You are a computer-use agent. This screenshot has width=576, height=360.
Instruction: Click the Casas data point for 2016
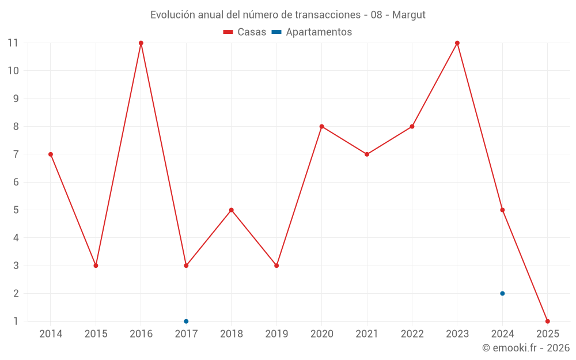pos(141,43)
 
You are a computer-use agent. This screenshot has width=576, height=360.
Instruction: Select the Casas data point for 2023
pos(457,43)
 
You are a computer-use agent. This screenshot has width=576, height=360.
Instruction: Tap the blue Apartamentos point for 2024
pos(502,293)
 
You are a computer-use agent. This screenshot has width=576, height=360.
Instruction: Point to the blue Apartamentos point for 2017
pos(186,321)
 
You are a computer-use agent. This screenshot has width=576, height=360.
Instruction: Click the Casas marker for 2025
pos(547,321)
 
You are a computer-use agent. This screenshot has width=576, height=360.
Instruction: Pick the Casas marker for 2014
pos(51,154)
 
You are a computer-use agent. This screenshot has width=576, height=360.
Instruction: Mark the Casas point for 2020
pos(321,126)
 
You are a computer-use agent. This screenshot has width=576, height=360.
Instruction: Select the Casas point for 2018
pos(232,210)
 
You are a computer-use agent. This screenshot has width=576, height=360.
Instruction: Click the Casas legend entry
pos(245,32)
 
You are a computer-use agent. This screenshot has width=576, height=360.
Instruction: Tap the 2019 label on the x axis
pos(276,334)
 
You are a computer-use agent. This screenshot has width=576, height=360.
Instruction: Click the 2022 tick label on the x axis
pos(412,334)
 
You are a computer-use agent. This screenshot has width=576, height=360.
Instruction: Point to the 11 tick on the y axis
pos(13,43)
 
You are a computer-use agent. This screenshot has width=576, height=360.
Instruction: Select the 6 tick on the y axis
pos(16,182)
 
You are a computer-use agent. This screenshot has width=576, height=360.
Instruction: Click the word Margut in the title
pos(409,15)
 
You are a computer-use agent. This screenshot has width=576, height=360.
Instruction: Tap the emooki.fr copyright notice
pos(526,348)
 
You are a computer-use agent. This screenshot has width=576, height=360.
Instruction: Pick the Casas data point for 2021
pos(367,154)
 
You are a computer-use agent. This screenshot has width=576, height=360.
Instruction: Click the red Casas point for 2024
pos(502,210)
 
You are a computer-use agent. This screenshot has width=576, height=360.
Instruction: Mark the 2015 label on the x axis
pos(96,334)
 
